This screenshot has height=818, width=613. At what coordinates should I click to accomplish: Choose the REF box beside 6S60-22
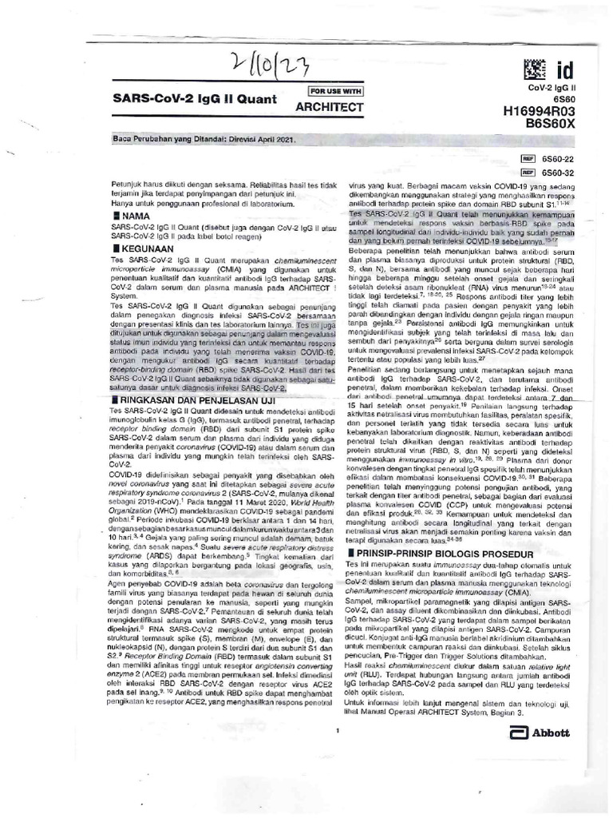coord(527,159)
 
